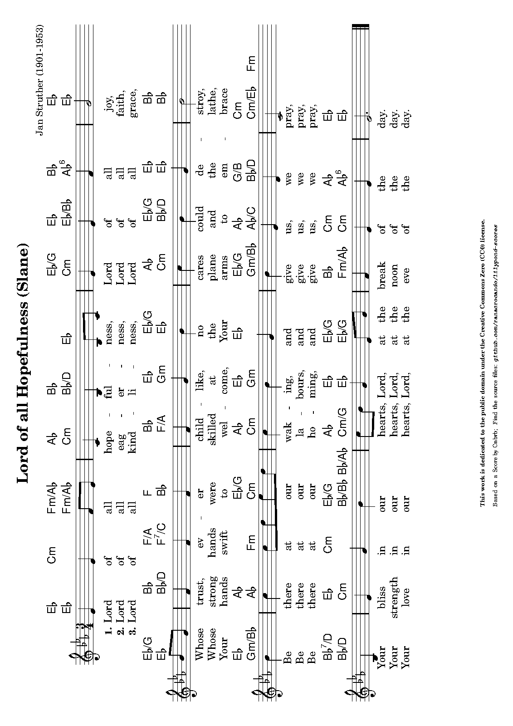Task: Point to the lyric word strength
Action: [394, 594]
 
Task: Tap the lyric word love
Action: [406, 594]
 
